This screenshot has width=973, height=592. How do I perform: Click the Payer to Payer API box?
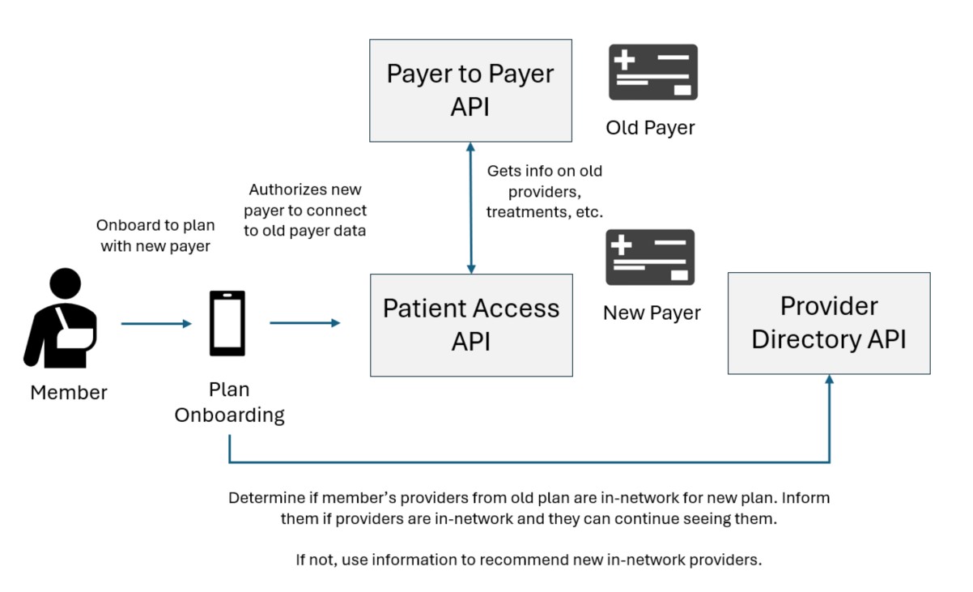tap(470, 90)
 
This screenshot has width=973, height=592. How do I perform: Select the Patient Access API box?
tap(470, 324)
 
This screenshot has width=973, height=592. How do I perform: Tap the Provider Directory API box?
tap(828, 322)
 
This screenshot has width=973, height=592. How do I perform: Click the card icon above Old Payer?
tap(652, 72)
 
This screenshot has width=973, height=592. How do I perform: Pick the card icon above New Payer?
tap(651, 258)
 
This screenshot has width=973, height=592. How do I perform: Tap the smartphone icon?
tap(227, 323)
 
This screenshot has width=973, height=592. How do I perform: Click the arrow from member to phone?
tap(155, 324)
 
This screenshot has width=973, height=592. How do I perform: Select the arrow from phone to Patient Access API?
tap(304, 323)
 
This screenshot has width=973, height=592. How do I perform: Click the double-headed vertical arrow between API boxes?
tap(471, 207)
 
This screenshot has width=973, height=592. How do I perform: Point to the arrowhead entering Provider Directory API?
tap(829, 383)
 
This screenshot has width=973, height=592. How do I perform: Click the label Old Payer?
tap(650, 128)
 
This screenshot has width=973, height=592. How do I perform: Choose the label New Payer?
tap(652, 313)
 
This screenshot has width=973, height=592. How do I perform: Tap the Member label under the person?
tap(69, 393)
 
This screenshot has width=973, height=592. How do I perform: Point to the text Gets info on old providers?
tap(544, 191)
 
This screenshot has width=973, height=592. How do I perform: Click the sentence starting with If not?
tap(529, 560)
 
